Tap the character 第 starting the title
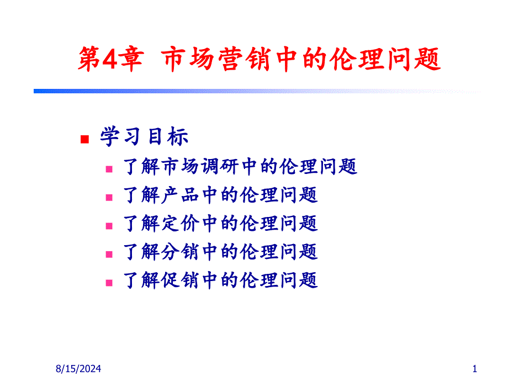[89, 59]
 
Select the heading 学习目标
[144, 136]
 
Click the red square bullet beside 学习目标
[84, 139]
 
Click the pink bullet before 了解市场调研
[109, 169]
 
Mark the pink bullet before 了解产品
[109, 198]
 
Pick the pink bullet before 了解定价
[109, 226]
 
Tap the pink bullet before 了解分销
[109, 255]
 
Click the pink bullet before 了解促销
[109, 283]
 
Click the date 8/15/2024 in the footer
[78, 369]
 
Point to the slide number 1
[475, 369]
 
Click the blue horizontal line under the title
[257, 91]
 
